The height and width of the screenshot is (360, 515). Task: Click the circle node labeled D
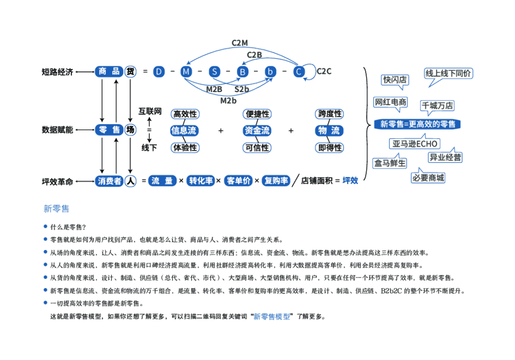point(159,72)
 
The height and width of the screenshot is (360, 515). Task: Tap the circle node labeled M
point(187,72)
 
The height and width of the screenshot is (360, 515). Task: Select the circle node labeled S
point(215,72)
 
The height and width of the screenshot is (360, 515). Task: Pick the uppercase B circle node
point(243,72)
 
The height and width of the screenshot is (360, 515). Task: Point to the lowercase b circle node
point(271,72)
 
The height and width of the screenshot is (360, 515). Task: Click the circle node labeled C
point(299,72)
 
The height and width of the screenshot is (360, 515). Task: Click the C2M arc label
point(239,43)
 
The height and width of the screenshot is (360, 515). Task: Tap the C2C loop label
point(324,71)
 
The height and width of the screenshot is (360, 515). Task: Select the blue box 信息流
point(184,131)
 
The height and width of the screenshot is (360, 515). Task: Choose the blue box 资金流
point(256,131)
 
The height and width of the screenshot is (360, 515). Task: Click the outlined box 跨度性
point(329,114)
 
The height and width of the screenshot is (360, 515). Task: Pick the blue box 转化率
point(201,181)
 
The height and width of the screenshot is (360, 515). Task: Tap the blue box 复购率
point(276,181)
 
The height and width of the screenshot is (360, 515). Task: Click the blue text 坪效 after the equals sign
point(351,181)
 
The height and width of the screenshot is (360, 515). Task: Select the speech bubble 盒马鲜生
point(389,163)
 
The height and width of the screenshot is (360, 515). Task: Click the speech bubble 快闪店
point(395,80)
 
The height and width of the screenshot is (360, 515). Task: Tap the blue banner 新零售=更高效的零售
point(417,124)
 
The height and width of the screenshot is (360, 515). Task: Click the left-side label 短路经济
point(57,72)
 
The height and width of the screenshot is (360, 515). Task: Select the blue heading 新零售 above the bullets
point(56,208)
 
